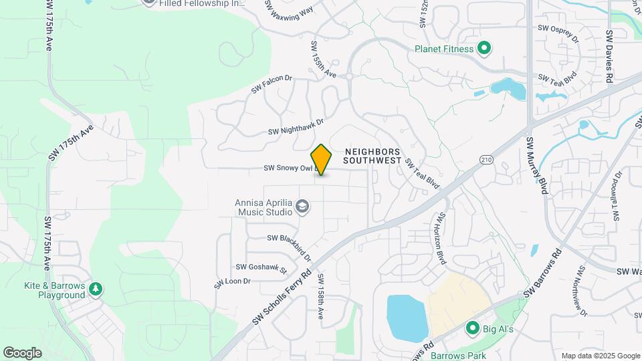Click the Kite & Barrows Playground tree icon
point(96,288)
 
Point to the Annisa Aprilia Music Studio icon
point(302,207)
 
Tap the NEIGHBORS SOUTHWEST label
point(372,156)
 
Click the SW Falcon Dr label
point(272,84)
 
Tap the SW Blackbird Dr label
point(290,246)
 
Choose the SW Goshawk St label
point(261,268)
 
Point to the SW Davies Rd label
point(609,56)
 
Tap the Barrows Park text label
point(458,355)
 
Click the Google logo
point(22,352)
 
